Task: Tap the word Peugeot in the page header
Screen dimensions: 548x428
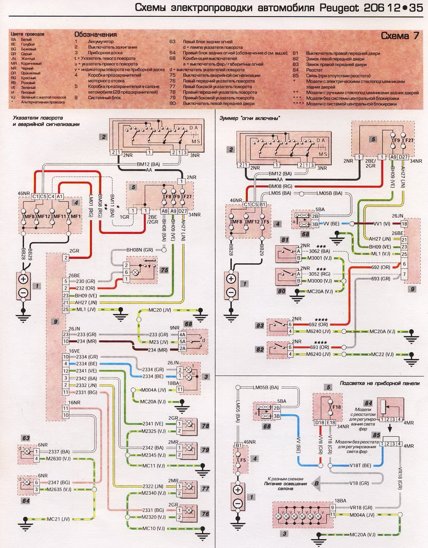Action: [339, 8]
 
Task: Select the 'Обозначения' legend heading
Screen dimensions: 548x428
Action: [96, 35]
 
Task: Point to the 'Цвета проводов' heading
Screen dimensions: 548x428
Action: [27, 34]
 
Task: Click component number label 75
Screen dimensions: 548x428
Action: [164, 270]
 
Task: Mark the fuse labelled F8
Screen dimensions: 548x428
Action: [164, 197]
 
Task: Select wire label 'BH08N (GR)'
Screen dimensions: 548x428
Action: [140, 250]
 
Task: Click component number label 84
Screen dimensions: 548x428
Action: [369, 403]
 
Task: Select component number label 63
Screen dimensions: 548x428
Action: [26, 438]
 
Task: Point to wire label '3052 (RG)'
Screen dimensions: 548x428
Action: [319, 274]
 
